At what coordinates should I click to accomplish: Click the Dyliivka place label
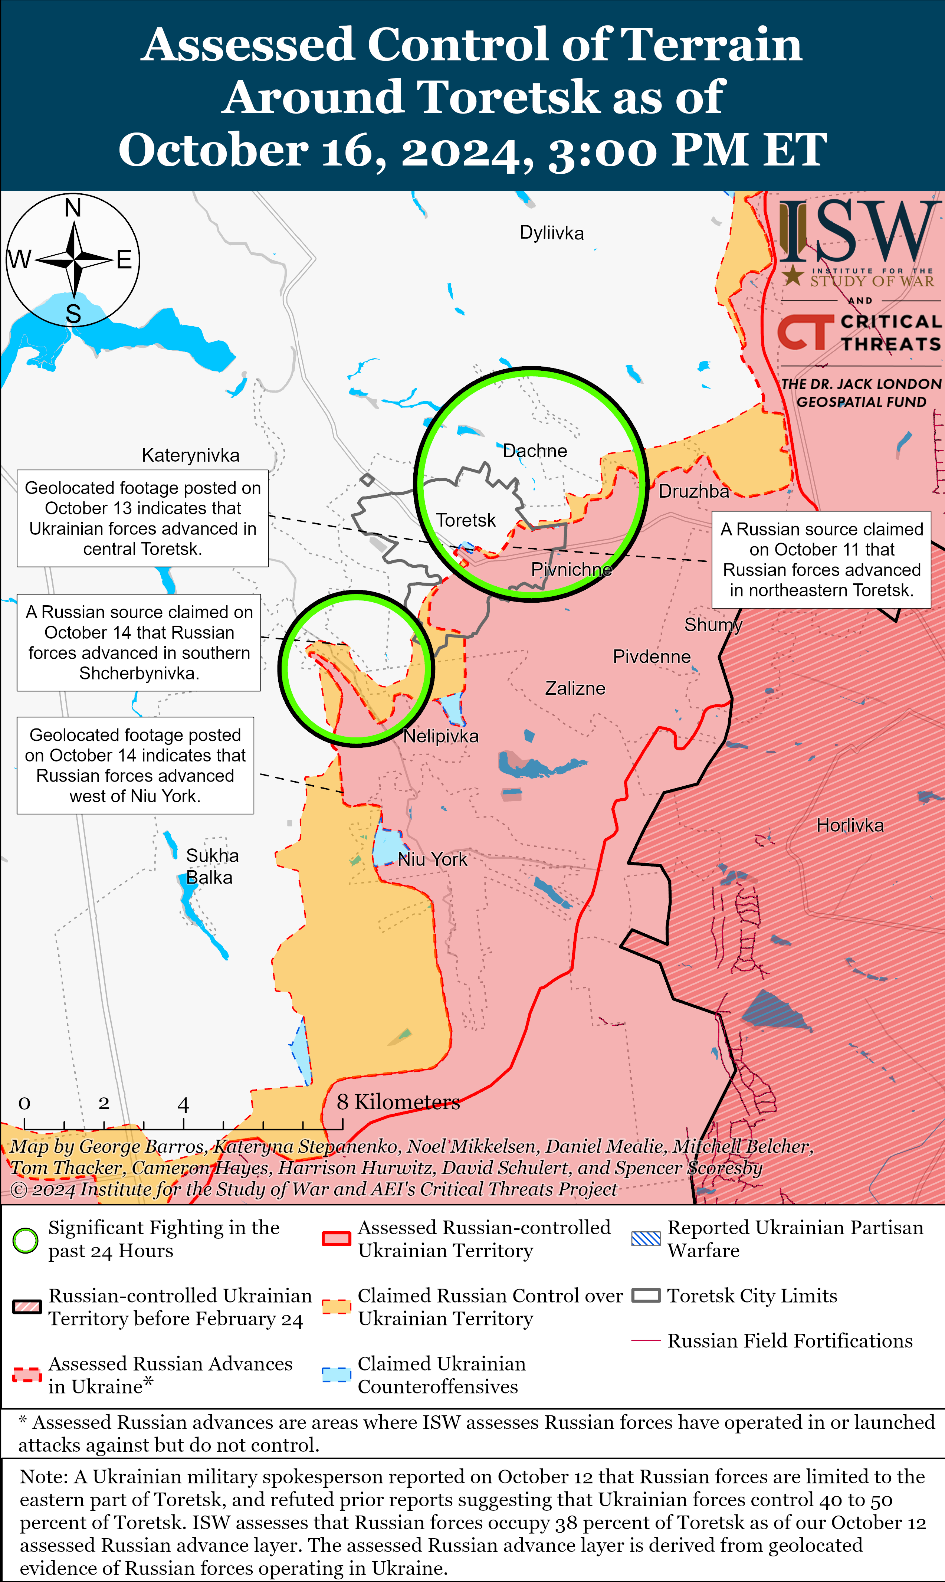point(551,233)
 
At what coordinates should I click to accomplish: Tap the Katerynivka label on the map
point(190,455)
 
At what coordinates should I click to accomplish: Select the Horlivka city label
point(850,825)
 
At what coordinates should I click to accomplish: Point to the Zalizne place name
point(575,688)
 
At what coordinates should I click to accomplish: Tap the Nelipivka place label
point(441,736)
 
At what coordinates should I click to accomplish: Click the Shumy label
point(713,625)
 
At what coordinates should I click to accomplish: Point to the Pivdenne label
point(652,656)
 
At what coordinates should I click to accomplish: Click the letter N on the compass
point(73,208)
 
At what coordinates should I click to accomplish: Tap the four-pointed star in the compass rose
point(75,260)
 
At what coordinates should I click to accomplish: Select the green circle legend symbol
point(26,1240)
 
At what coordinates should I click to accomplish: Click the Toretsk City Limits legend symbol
point(646,1296)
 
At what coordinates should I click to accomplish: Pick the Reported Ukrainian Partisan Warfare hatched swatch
point(646,1239)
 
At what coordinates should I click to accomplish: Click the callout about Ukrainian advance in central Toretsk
point(142,518)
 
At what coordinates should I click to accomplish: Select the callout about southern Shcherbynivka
point(139,643)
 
